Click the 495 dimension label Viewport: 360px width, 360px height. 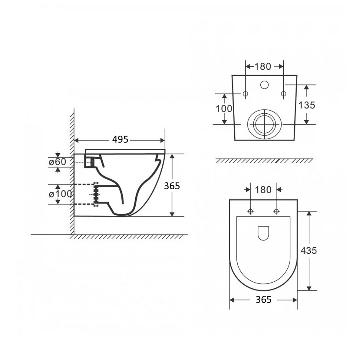[x=120, y=139]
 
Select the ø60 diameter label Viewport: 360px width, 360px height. [x=58, y=162]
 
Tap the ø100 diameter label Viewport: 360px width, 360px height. [x=60, y=194]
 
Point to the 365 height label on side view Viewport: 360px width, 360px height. [x=172, y=186]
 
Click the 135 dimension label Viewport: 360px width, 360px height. [x=307, y=105]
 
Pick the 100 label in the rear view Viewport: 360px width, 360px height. [x=224, y=109]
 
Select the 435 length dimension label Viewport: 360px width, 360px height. [x=309, y=250]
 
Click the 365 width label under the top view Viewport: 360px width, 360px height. [x=264, y=300]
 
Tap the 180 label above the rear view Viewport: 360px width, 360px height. [x=263, y=66]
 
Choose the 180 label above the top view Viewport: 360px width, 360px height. [x=263, y=190]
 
